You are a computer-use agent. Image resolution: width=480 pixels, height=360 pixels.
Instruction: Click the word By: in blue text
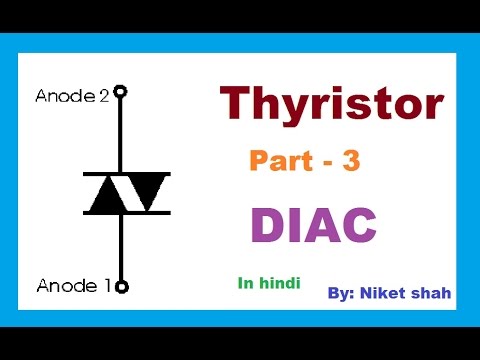pos(343,294)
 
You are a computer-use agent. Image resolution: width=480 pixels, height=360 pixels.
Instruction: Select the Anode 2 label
pos(73,96)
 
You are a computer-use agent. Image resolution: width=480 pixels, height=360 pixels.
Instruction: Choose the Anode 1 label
pos(73,286)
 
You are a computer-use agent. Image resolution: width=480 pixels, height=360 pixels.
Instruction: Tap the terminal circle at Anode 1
pos(121,287)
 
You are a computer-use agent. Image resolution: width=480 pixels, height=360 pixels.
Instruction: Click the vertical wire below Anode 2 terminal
pos(121,135)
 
